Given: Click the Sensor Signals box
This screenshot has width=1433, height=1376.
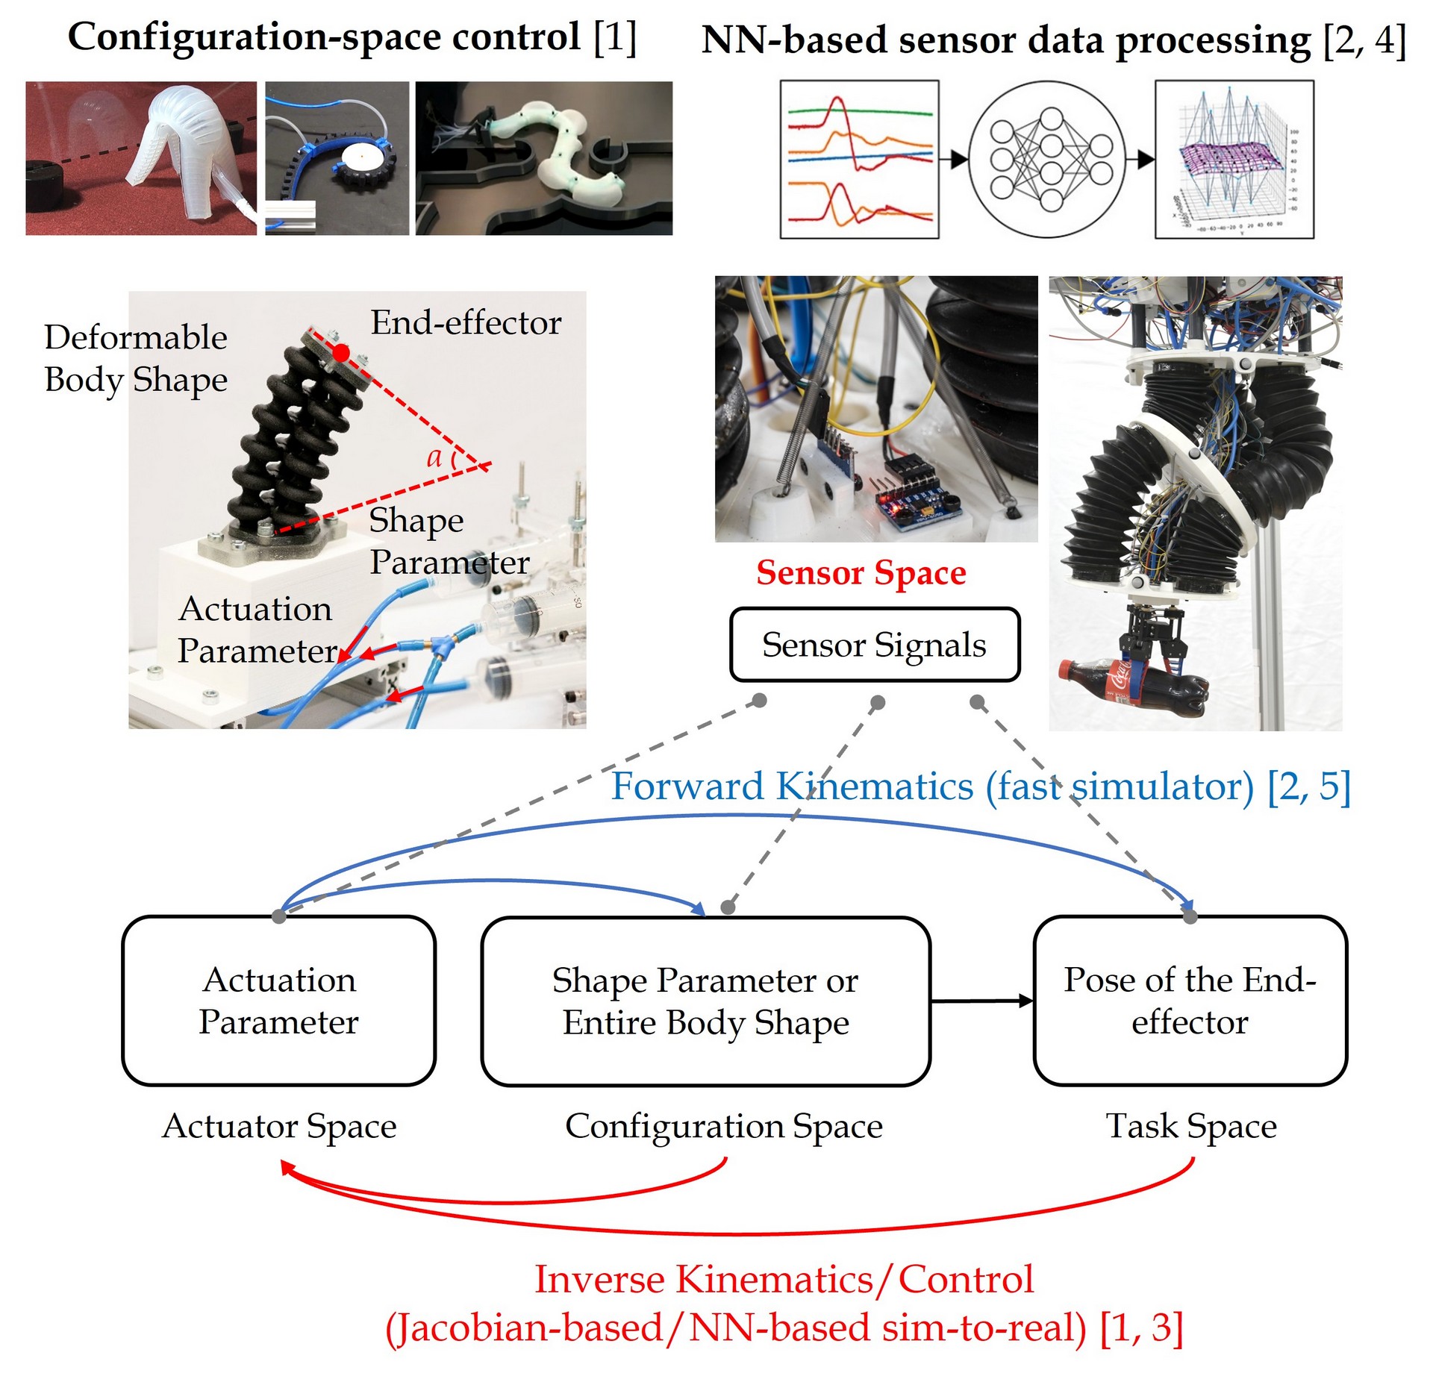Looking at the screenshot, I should pyautogui.click(x=874, y=645).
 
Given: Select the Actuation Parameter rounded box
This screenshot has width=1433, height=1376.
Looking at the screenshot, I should pyautogui.click(x=278, y=1001).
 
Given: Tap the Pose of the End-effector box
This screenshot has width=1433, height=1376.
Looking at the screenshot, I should pyautogui.click(x=1190, y=1001).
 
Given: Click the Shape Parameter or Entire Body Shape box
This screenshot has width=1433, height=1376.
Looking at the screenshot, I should pyautogui.click(x=705, y=1001).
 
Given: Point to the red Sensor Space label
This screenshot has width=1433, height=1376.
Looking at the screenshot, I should pyautogui.click(x=861, y=573).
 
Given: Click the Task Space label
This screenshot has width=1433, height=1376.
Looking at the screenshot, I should pyautogui.click(x=1191, y=1126).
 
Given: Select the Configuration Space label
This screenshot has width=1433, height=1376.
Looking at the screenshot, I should pyautogui.click(x=723, y=1126).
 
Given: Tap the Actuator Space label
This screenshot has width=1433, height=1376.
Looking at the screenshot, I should pyautogui.click(x=279, y=1126).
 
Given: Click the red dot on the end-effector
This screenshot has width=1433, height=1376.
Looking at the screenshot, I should pyautogui.click(x=340, y=353).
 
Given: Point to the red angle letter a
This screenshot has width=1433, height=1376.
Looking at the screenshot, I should pyautogui.click(x=434, y=457).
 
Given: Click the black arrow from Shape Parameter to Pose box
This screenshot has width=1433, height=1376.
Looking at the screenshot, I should pyautogui.click(x=982, y=1001).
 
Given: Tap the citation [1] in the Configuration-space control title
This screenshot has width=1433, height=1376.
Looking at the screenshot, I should pyautogui.click(x=615, y=37).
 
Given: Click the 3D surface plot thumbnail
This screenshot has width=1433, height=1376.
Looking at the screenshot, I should pyautogui.click(x=1234, y=160).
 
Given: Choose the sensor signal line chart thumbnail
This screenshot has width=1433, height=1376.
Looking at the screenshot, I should pyautogui.click(x=859, y=160).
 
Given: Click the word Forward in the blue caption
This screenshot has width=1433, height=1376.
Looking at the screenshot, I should pyautogui.click(x=687, y=786).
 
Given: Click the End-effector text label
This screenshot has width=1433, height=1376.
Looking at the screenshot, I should pyautogui.click(x=466, y=323).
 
